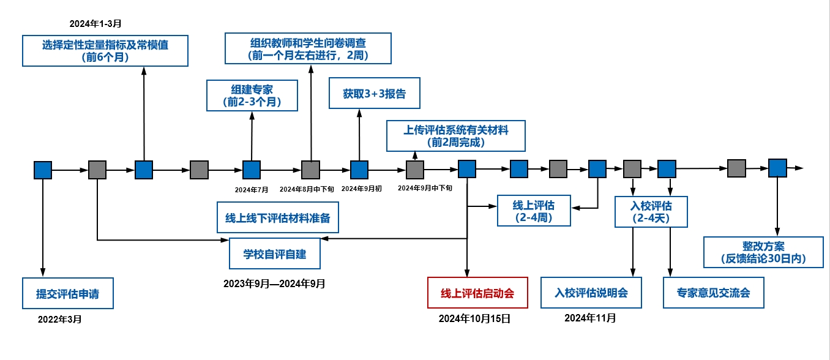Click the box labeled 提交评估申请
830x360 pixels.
68,294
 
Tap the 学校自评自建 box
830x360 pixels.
275,253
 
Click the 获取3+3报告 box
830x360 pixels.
374,94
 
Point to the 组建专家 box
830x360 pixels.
252,96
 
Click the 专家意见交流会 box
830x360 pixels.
714,293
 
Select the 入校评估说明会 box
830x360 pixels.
591,293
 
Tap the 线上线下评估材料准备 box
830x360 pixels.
278,217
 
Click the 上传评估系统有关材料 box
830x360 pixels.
456,136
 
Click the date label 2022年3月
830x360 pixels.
59,320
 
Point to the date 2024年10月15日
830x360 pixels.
474,319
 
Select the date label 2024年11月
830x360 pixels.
590,318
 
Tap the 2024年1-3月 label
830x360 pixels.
95,24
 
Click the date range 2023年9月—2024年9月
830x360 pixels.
274,283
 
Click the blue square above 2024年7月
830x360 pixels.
252,170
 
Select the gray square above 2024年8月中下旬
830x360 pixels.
310,170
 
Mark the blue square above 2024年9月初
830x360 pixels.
359,170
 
